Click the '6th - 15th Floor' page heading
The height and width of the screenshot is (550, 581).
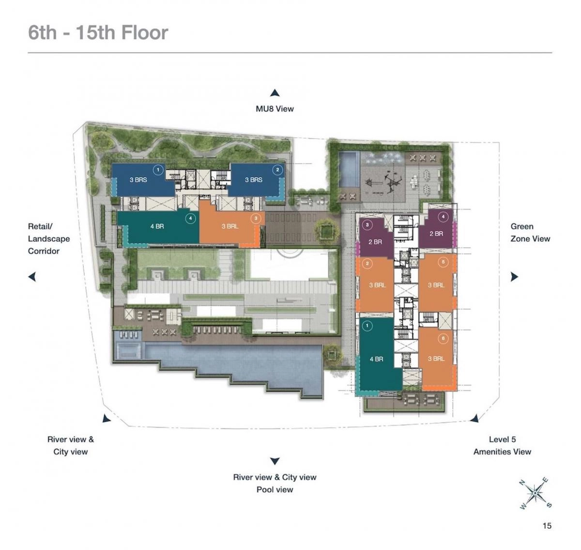coord(98,32)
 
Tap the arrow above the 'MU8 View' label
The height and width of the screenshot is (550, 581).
coord(275,93)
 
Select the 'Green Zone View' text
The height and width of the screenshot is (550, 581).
coord(530,233)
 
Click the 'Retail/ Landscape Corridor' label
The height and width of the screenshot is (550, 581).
coord(48,238)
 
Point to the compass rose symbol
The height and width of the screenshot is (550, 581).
coord(535,493)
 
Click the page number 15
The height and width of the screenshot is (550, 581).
coord(547,525)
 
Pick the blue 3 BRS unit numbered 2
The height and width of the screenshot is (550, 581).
coord(254,180)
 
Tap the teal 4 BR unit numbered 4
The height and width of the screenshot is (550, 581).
coord(157,227)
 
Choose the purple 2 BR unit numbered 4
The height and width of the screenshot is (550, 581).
coord(436,234)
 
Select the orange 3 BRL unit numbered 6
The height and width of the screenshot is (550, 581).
coord(436,359)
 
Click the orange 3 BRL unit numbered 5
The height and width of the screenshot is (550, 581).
coord(436,285)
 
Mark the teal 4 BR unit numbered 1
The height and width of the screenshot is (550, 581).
coord(376,359)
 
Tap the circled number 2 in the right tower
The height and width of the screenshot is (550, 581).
coord(367,264)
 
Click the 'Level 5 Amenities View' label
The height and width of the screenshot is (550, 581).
coord(502,445)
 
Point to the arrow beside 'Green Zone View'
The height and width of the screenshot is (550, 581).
coord(514,277)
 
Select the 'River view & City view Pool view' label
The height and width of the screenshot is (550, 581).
coord(275,483)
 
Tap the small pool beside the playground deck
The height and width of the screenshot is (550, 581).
coord(348,169)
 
